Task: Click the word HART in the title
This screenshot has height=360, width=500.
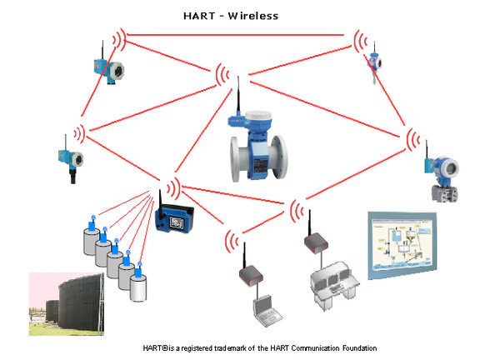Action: coord(198,15)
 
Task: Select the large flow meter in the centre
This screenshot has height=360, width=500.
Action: coord(259,149)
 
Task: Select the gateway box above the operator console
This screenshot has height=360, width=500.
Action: coord(312,243)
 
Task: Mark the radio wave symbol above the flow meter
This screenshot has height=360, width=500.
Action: coord(222,75)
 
